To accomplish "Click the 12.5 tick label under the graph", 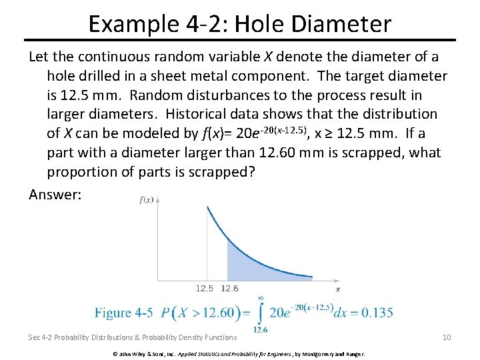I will point(204,289).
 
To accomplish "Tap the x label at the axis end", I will point(337,289).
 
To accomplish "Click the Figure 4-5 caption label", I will point(123,312).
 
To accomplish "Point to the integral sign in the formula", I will point(260,312).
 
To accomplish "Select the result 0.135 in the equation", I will point(376,312).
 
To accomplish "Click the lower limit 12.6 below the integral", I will point(261,329).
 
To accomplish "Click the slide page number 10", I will point(447,337).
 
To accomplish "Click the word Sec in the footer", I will point(35,337).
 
